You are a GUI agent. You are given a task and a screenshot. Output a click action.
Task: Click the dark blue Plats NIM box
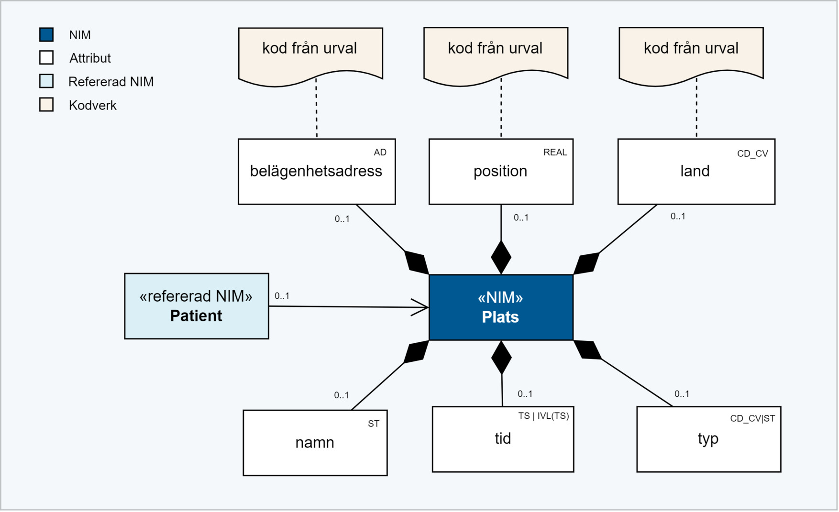(x=501, y=307)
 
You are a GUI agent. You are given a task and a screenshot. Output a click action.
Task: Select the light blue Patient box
(x=197, y=306)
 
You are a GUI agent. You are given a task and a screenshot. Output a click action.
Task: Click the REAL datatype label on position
(x=555, y=153)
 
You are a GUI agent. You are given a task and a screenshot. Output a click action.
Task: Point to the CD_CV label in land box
(x=752, y=154)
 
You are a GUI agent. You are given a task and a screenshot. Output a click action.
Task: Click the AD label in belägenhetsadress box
(x=380, y=153)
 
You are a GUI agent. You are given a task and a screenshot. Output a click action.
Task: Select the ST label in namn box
(x=373, y=424)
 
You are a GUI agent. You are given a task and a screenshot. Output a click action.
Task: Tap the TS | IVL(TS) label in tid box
(x=543, y=416)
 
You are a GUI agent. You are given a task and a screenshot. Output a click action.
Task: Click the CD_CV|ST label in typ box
(x=752, y=419)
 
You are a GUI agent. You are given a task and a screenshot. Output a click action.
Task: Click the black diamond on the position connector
(x=501, y=257)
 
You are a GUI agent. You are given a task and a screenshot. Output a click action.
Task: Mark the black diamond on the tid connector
(x=501, y=358)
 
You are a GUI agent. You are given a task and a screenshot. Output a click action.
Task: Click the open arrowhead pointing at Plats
(x=421, y=307)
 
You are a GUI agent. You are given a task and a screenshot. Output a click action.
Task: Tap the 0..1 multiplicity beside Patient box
(x=282, y=296)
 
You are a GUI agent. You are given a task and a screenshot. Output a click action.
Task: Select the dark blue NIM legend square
(x=46, y=34)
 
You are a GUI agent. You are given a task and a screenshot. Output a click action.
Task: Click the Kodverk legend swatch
(x=46, y=105)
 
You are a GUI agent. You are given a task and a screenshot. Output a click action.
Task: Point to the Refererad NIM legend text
(x=111, y=82)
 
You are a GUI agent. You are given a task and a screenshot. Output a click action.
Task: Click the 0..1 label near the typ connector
(x=682, y=394)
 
